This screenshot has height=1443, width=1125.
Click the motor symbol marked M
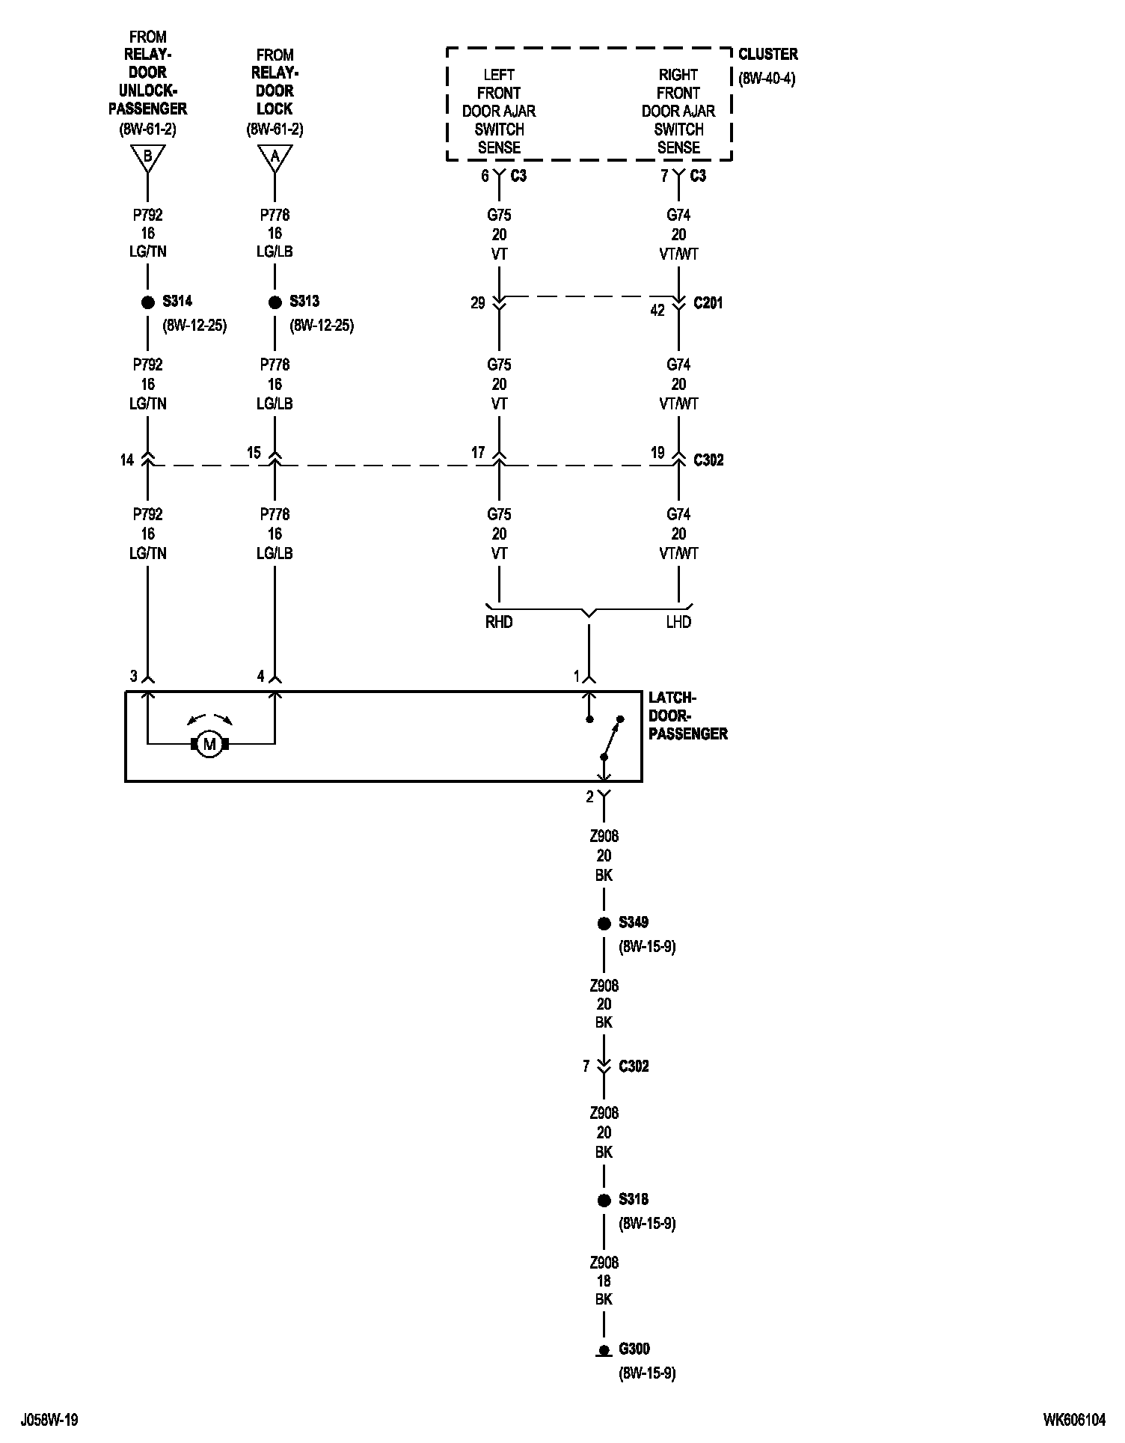(209, 744)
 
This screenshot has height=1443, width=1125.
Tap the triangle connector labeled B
(147, 156)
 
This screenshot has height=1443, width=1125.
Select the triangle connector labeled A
(275, 156)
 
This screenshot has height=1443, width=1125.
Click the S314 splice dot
(147, 302)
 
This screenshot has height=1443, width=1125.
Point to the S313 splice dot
(275, 302)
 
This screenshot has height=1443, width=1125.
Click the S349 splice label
(634, 922)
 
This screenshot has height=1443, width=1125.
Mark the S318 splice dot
(604, 1201)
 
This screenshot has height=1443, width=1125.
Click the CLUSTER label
(767, 54)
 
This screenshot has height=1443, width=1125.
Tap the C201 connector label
(708, 303)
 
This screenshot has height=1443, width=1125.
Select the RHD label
(499, 622)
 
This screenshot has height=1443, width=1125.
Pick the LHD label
(678, 622)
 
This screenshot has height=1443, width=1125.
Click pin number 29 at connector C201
(478, 303)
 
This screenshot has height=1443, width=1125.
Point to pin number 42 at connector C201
(657, 310)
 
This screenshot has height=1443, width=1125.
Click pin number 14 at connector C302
(127, 460)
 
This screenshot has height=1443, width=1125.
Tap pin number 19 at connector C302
(657, 452)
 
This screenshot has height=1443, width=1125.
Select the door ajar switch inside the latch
(610, 738)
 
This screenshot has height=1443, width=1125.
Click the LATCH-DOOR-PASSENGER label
(687, 716)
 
